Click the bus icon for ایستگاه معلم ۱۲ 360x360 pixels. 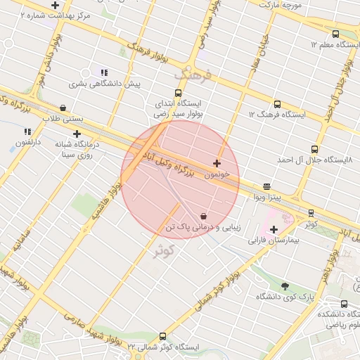(x=335, y=34)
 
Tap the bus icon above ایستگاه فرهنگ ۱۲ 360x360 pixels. (x=276, y=103)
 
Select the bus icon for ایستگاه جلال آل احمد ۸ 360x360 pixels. (x=314, y=149)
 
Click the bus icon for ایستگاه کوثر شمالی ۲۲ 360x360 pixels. (x=163, y=336)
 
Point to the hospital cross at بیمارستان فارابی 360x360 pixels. (x=274, y=229)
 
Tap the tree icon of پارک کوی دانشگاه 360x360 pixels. (x=284, y=286)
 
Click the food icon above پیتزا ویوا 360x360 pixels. (x=266, y=186)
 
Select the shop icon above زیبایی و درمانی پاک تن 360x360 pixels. (x=203, y=215)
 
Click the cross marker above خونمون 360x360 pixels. (x=217, y=163)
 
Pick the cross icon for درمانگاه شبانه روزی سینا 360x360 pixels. (x=77, y=133)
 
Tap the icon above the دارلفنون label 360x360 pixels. (x=27, y=131)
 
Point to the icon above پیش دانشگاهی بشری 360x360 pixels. (x=105, y=72)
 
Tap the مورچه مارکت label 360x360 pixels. (x=281, y=4)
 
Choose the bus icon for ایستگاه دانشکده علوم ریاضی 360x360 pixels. (x=344, y=304)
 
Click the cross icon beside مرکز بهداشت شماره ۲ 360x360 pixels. (x=55, y=5)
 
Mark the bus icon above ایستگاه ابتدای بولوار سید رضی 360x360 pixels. (x=178, y=92)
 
